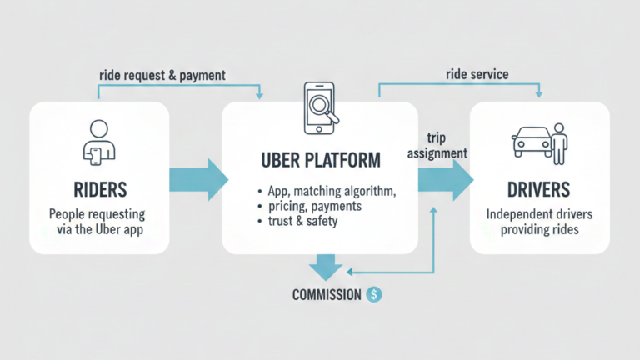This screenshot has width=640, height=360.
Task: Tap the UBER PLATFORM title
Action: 319,159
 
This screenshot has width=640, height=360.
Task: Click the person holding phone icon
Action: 97,140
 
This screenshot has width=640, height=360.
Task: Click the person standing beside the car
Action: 559,142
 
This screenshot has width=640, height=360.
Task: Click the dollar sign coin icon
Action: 374,294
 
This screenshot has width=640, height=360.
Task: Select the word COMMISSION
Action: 327,295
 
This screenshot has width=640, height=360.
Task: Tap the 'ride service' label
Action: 477,75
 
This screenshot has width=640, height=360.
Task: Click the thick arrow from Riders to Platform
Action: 198,178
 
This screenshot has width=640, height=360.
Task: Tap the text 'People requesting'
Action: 97,213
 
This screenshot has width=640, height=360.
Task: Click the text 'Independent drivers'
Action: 539,214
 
